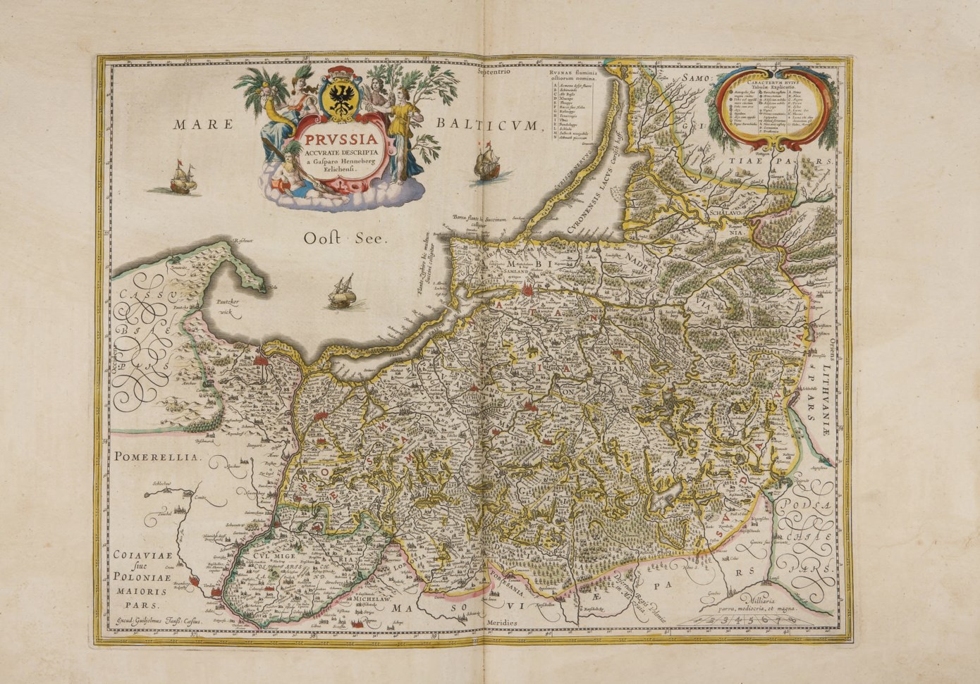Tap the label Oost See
coord(346,238)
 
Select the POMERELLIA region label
coord(155,457)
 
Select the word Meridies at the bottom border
coord(501,623)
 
